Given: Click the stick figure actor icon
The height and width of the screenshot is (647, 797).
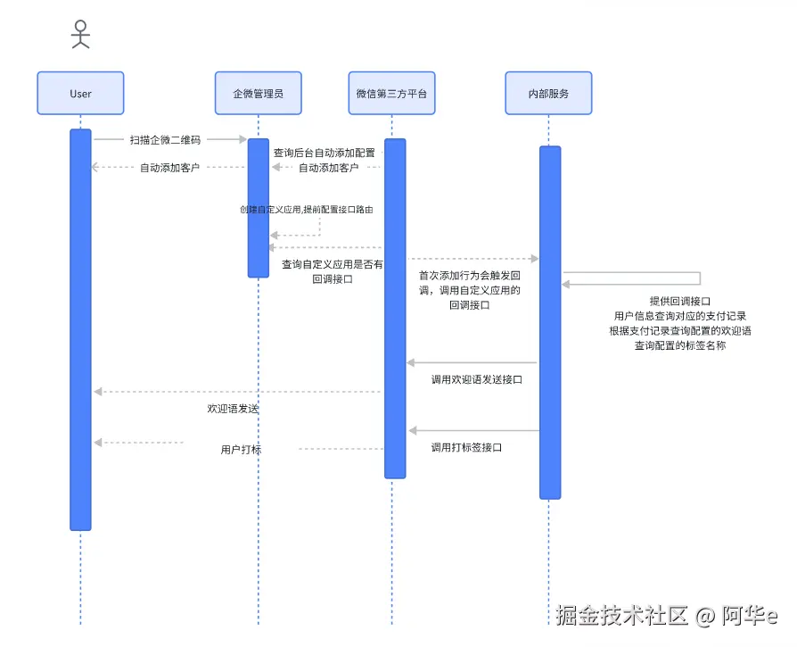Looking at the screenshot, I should click(x=80, y=34).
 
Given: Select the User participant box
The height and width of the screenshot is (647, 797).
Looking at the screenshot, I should click(x=80, y=94).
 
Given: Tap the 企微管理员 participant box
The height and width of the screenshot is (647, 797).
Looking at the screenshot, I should click(x=258, y=94).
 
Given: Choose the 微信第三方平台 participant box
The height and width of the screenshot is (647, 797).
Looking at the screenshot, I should click(x=391, y=94).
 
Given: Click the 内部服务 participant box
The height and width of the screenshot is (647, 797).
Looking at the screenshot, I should click(x=548, y=94).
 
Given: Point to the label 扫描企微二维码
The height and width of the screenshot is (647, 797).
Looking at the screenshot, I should click(x=165, y=139).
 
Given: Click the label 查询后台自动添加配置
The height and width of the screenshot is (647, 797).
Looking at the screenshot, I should click(x=324, y=153).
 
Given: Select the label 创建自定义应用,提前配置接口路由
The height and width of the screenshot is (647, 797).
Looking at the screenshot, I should click(x=306, y=210).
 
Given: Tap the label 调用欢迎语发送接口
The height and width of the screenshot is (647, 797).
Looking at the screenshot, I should click(x=477, y=379).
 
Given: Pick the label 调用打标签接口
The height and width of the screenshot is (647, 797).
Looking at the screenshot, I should click(x=466, y=447).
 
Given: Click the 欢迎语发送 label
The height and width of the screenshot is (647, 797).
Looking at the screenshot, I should click(x=233, y=408).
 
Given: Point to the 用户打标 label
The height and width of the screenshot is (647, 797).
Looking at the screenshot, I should click(x=241, y=450).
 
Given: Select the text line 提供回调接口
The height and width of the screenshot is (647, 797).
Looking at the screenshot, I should click(x=680, y=301).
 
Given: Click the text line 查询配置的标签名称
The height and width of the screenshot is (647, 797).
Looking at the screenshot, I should click(x=680, y=345).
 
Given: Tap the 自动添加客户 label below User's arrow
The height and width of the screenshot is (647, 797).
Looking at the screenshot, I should click(x=169, y=167).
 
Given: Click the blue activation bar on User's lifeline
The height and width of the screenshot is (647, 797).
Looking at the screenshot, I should click(x=80, y=330).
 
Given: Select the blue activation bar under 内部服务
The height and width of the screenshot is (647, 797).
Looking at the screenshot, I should click(x=549, y=321).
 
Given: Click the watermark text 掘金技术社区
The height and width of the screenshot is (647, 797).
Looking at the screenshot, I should click(x=622, y=615).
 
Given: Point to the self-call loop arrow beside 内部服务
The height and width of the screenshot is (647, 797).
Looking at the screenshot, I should click(x=699, y=278).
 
